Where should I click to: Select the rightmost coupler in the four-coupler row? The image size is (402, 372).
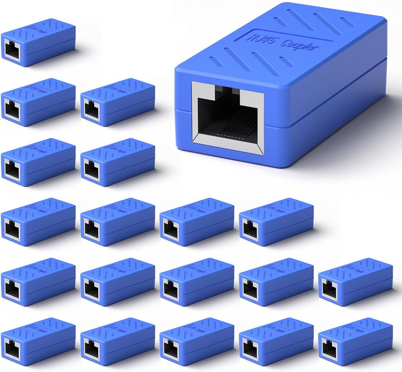[x=276, y=222]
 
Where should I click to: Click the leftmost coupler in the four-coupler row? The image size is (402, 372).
[x=38, y=222]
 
